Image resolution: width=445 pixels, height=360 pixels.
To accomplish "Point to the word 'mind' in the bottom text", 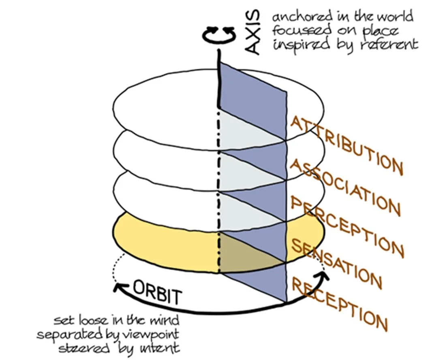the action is point(164,321).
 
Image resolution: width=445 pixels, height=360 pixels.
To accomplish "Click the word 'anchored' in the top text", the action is point(298,17).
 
